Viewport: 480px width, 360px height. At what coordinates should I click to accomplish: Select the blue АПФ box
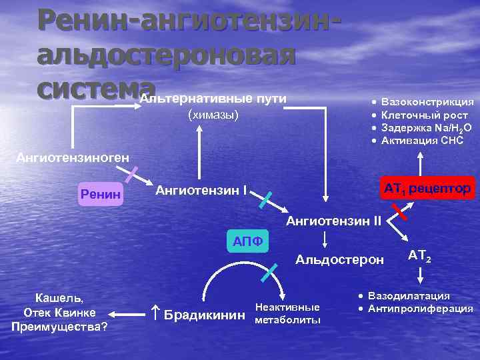pos(247,241)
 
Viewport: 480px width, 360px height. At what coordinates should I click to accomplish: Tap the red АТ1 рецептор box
pos(427,189)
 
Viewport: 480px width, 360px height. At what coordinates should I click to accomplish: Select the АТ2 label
pos(419,255)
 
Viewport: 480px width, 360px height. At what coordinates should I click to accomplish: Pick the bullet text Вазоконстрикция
pos(427,102)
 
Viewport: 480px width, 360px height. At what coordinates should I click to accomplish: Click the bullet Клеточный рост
pos(423,115)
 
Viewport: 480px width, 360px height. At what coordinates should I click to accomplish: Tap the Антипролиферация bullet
pos(420,308)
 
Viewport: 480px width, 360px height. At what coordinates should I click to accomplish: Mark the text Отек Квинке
pos(59,313)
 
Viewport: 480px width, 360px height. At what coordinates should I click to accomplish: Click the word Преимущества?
pos(59,326)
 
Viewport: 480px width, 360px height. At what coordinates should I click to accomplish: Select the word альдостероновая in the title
pos(166,55)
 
